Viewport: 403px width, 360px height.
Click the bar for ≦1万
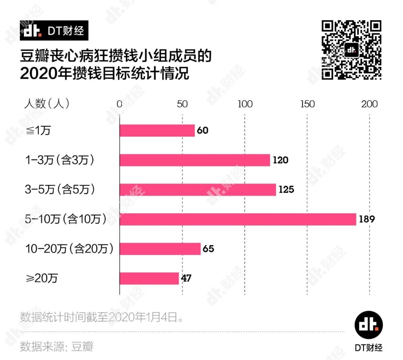157,131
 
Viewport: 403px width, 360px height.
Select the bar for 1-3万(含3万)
194,160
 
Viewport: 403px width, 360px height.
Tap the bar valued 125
198,190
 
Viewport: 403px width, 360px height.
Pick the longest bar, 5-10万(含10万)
238,219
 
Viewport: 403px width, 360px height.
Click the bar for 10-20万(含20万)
160,249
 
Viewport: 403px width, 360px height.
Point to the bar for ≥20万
149,278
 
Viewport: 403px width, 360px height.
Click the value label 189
366,219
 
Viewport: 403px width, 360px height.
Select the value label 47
187,278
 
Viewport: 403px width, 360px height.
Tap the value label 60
202,131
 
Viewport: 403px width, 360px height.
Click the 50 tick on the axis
182,104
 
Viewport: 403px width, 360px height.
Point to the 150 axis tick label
307,104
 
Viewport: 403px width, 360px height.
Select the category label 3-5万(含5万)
60,190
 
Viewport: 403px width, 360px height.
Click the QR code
351,50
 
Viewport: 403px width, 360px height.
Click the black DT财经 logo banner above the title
54,30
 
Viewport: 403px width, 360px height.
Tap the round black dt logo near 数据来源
368,326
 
